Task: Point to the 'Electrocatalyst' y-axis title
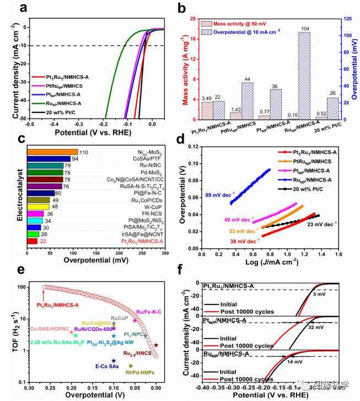point(8,196)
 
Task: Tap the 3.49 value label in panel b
point(206,98)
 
